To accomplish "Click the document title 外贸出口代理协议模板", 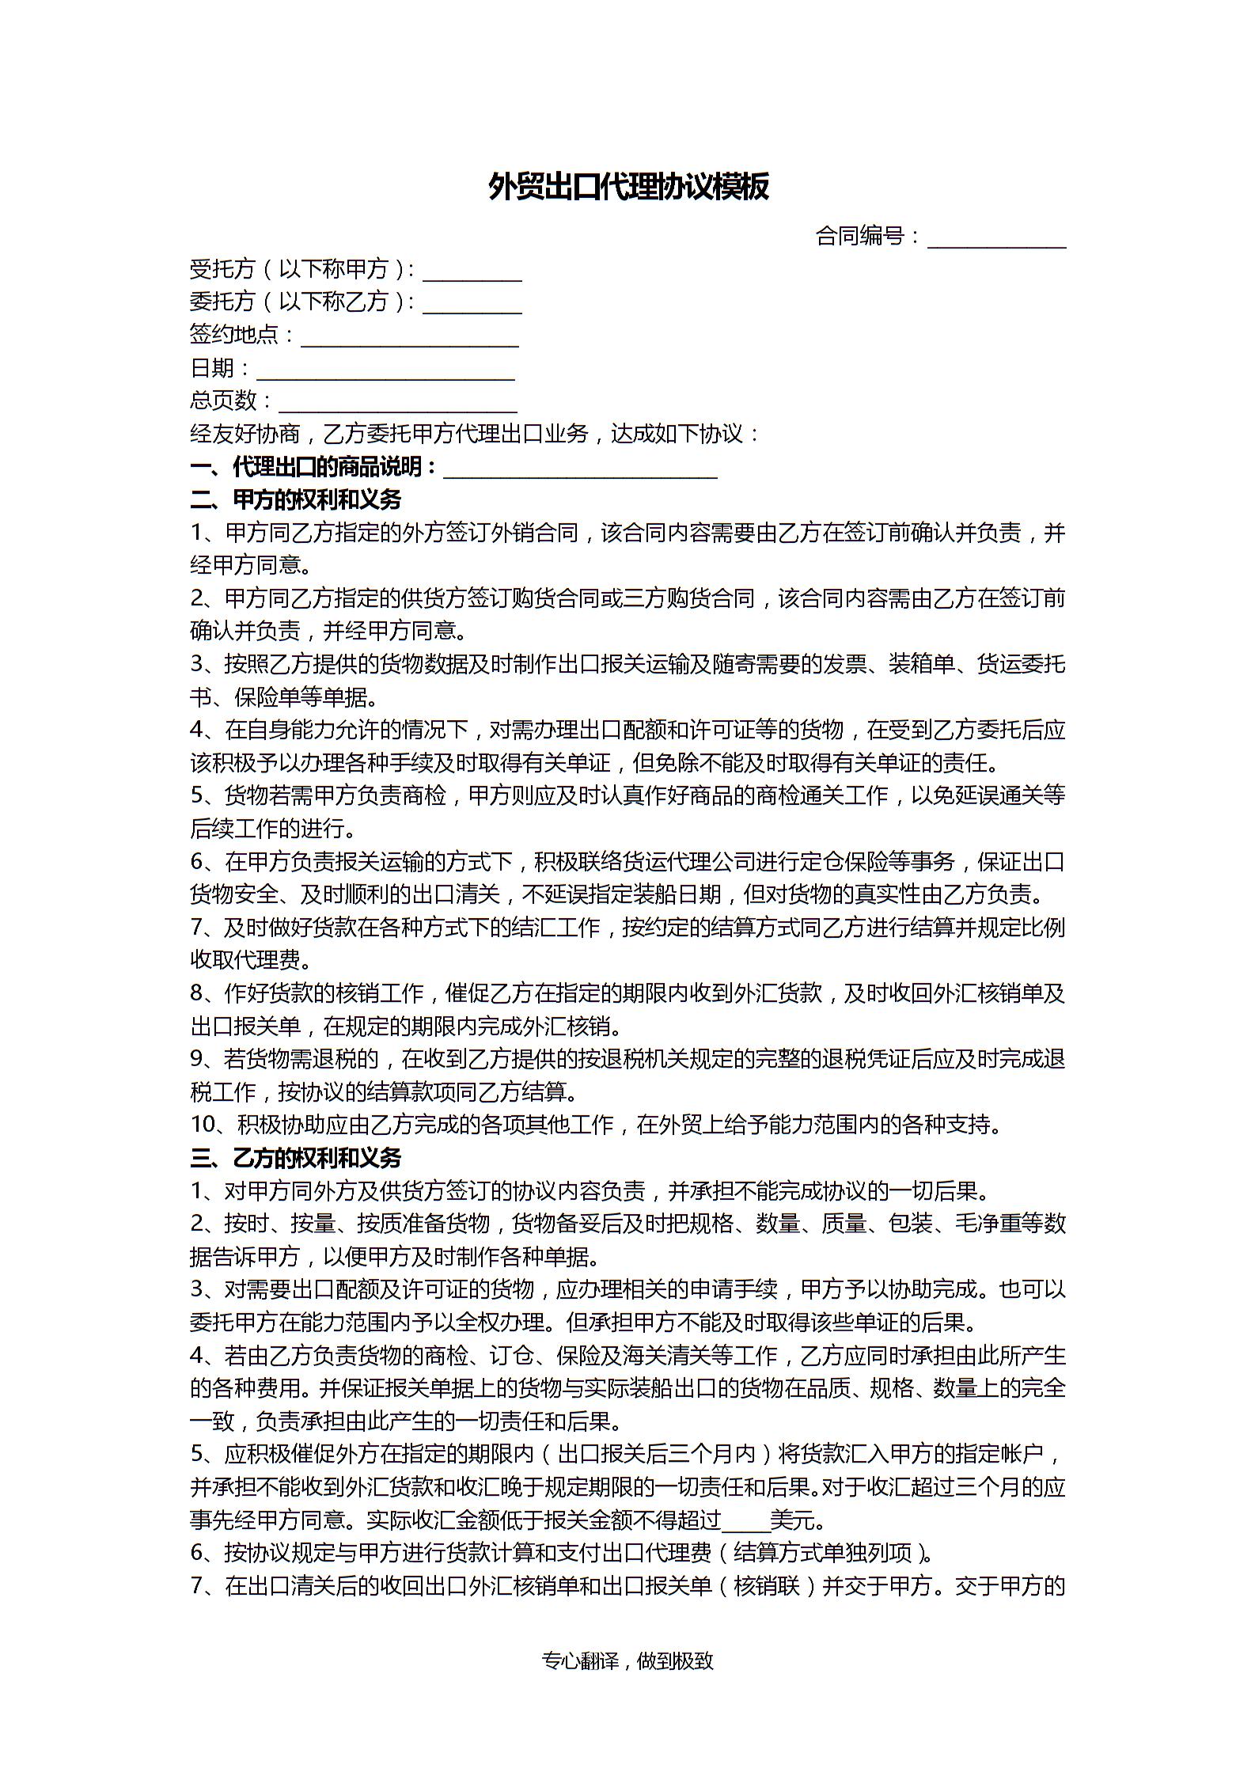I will tap(628, 188).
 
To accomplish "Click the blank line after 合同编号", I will tap(996, 237).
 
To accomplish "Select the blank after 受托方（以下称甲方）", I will tap(472, 271).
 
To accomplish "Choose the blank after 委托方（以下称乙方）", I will tap(472, 303).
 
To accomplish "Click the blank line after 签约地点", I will tap(409, 336).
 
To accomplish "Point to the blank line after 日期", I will tap(385, 370).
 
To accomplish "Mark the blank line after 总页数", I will tap(397, 402).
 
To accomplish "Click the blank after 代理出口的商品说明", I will tap(580, 469).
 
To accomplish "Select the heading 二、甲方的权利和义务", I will tap(296, 500).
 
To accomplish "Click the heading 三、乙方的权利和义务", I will tap(296, 1159).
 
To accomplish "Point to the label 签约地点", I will tap(234, 336).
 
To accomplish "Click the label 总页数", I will tap(223, 401).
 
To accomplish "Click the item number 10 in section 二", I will tap(203, 1125).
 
